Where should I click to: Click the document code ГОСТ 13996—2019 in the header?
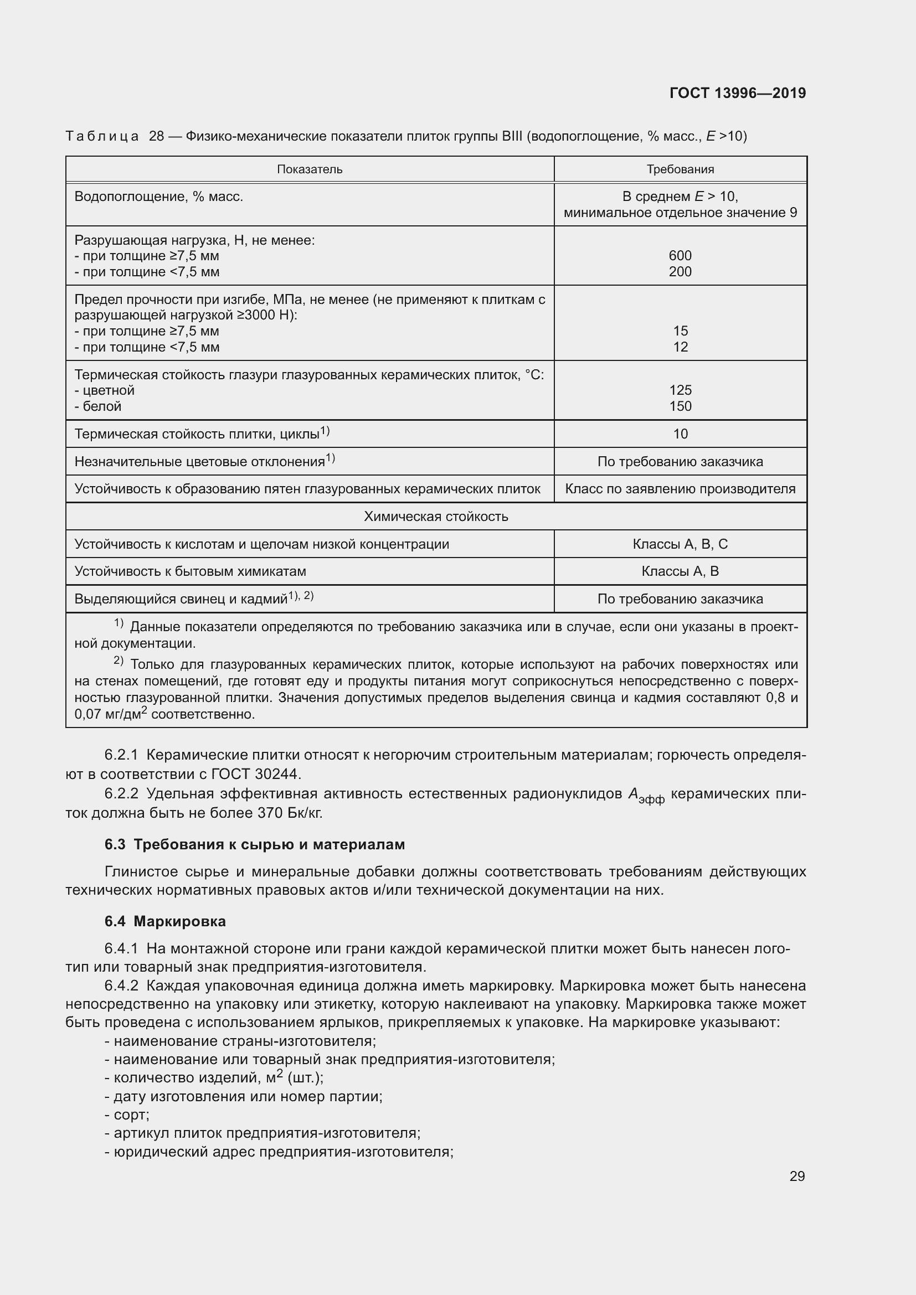pyautogui.click(x=737, y=93)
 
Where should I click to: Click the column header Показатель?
pyautogui.click(x=310, y=169)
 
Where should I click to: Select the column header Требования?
pyautogui.click(x=680, y=169)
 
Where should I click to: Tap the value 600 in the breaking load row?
pyautogui.click(x=680, y=255)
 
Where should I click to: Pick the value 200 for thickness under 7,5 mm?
pyautogui.click(x=680, y=271)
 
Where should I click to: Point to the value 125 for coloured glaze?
pyautogui.click(x=680, y=390)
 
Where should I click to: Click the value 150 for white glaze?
pyautogui.click(x=680, y=406)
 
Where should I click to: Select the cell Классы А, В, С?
pyautogui.click(x=680, y=544)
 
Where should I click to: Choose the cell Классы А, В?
pyautogui.click(x=680, y=571)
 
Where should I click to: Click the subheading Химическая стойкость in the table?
pyautogui.click(x=435, y=516)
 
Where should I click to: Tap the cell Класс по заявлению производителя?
pyautogui.click(x=680, y=488)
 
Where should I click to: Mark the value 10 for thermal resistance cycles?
pyautogui.click(x=680, y=434)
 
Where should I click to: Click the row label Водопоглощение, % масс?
pyautogui.click(x=158, y=197)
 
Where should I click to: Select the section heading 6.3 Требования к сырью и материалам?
pyautogui.click(x=254, y=844)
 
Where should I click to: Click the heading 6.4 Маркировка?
pyautogui.click(x=164, y=921)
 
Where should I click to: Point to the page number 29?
pyautogui.click(x=796, y=1176)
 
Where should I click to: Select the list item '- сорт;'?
pyautogui.click(x=127, y=1115)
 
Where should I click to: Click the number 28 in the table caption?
pyautogui.click(x=156, y=136)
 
